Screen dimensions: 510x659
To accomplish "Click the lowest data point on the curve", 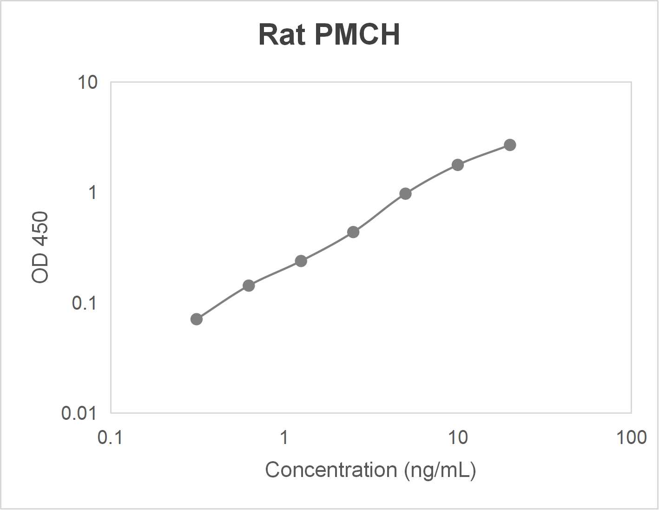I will pyautogui.click(x=197, y=319).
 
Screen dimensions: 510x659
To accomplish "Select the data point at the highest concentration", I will pyautogui.click(x=510, y=145).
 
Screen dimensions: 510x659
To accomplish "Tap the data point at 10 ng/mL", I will pyautogui.click(x=458, y=165).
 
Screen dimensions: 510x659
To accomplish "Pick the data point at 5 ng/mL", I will pyautogui.click(x=405, y=193).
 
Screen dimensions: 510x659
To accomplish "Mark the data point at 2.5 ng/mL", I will pyautogui.click(x=353, y=232).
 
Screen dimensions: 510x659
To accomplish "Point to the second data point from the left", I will pyautogui.click(x=249, y=285).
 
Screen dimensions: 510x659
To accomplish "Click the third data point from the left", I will pyautogui.click(x=301, y=261).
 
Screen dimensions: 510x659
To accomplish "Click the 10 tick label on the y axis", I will pyautogui.click(x=87, y=83).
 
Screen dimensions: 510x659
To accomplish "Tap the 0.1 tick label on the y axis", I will pyautogui.click(x=84, y=303).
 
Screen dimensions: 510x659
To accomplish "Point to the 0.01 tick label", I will pyautogui.click(x=79, y=413).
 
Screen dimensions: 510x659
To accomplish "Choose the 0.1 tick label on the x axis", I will pyautogui.click(x=110, y=437).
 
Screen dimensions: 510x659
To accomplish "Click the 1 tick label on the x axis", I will pyautogui.click(x=284, y=437).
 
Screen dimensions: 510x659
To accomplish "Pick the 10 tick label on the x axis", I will pyautogui.click(x=458, y=437).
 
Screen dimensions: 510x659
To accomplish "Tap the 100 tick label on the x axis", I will pyautogui.click(x=631, y=437).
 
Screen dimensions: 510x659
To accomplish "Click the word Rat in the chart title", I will pyautogui.click(x=282, y=34).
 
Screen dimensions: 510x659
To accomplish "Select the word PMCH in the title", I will pyautogui.click(x=357, y=34).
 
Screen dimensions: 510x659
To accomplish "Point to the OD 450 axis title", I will pyautogui.click(x=40, y=247).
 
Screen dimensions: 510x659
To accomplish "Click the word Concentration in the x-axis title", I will pyautogui.click(x=331, y=470).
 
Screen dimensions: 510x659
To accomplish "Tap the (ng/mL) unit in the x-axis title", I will pyautogui.click(x=440, y=470).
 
